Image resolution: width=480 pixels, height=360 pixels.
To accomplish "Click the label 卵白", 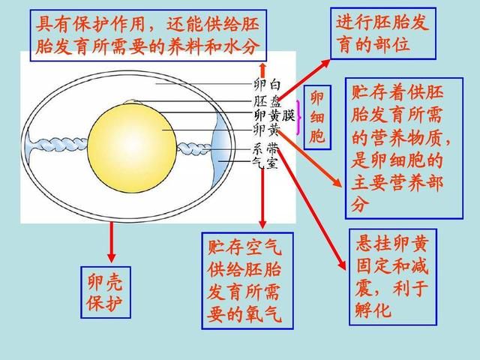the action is point(267,85).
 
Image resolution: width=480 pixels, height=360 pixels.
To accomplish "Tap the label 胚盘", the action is point(267,100).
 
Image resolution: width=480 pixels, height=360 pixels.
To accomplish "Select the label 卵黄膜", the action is point(274,115).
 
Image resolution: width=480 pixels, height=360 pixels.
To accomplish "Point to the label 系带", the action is point(265,149).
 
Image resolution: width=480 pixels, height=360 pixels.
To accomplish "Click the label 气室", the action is point(265,162).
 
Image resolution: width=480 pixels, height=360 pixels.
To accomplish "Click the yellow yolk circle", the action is point(132,148).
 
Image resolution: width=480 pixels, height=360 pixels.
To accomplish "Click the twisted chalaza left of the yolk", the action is point(58,145).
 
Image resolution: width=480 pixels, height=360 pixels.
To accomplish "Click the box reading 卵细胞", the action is point(317,118).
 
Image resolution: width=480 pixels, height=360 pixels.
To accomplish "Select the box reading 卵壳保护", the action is point(106,292).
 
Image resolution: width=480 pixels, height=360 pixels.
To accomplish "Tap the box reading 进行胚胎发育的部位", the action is point(383,33).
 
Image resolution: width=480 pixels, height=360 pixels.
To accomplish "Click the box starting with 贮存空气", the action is point(247,280).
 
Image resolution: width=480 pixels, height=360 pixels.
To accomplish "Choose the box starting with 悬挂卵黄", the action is point(393,277).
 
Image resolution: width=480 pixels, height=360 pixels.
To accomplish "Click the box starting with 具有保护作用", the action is point(148,35).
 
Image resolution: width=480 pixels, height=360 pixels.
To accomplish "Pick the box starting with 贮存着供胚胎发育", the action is point(404,148).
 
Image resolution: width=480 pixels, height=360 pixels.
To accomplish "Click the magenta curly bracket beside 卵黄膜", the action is point(298,118).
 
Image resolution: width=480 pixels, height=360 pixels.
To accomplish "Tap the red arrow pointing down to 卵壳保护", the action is point(112,241).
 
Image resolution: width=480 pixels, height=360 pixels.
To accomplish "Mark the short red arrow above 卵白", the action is point(262,70).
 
